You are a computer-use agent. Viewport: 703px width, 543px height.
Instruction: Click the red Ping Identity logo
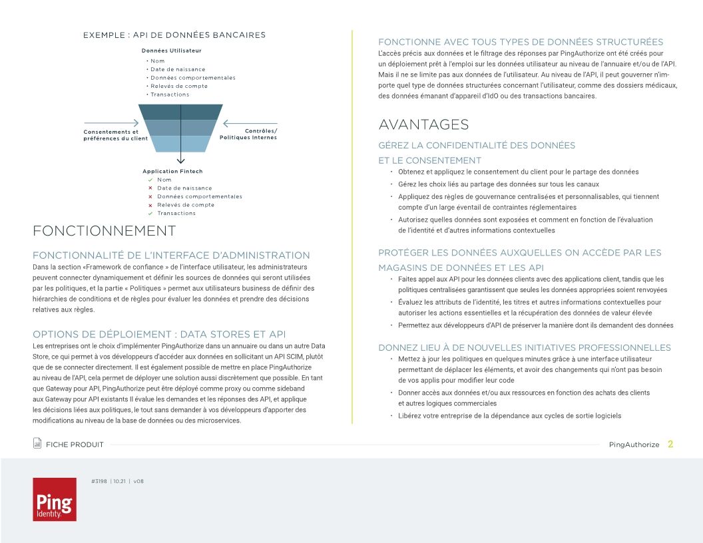click(x=55, y=499)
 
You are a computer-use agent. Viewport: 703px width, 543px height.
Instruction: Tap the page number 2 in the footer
click(x=670, y=445)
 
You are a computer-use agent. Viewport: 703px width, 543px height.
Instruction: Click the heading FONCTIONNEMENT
click(x=104, y=231)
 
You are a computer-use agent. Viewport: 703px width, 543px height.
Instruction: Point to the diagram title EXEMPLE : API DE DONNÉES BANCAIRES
click(x=174, y=35)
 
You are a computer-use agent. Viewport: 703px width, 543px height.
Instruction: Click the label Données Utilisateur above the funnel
click(x=172, y=51)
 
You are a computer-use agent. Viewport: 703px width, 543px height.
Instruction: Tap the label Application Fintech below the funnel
click(x=172, y=172)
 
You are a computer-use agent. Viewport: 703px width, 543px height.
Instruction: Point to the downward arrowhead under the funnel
click(x=180, y=160)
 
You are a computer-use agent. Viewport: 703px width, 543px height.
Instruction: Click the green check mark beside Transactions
click(x=150, y=214)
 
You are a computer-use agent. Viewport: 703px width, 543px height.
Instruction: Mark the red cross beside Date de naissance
click(x=150, y=188)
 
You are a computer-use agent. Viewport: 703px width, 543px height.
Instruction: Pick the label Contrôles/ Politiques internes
click(x=248, y=134)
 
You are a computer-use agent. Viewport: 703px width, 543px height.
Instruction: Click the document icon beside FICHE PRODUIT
click(x=37, y=444)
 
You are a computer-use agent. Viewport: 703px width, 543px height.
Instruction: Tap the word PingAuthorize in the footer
click(x=634, y=445)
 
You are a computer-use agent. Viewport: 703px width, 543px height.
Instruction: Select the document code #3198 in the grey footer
click(x=99, y=480)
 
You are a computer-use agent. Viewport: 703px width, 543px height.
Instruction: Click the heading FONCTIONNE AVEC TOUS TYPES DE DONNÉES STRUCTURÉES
click(x=521, y=42)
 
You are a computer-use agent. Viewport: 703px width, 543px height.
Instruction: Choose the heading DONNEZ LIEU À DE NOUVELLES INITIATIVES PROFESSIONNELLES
click(x=525, y=347)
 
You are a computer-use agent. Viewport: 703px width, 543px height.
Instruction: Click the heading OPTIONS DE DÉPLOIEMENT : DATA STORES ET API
click(x=159, y=334)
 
